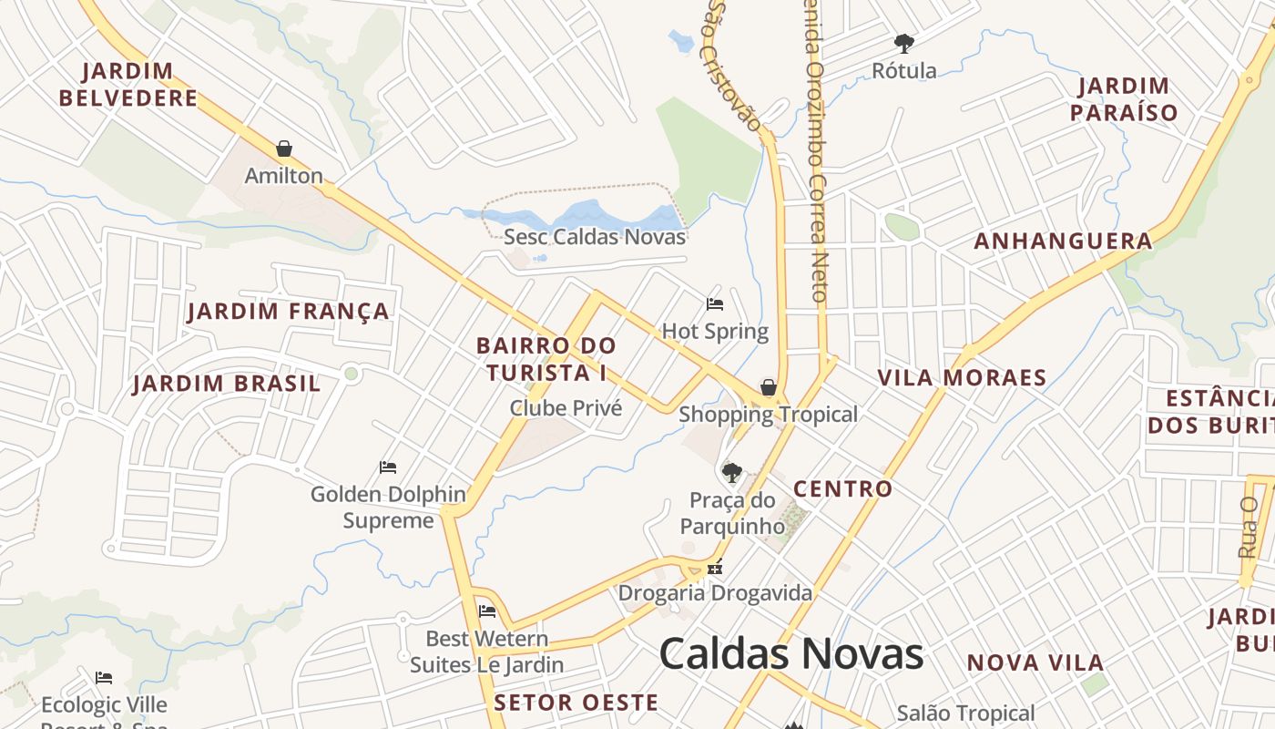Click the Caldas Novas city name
(x=790, y=654)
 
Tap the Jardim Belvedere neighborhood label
(x=139, y=85)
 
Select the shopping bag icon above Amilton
(x=284, y=149)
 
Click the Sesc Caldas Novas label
(x=595, y=237)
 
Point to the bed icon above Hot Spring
(x=715, y=304)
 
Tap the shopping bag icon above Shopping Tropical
(x=769, y=387)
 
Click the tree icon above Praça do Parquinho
(x=731, y=472)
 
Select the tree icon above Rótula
(x=903, y=43)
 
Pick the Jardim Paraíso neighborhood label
(x=1124, y=99)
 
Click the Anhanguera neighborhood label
(x=1063, y=241)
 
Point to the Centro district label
(x=842, y=489)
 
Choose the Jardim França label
(x=288, y=312)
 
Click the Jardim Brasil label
(x=227, y=384)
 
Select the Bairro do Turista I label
(x=546, y=359)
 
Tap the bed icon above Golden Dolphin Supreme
(x=388, y=467)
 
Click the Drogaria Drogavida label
(x=715, y=593)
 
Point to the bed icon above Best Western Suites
(x=487, y=611)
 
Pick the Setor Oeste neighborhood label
(x=576, y=703)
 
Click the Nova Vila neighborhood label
(x=1035, y=663)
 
